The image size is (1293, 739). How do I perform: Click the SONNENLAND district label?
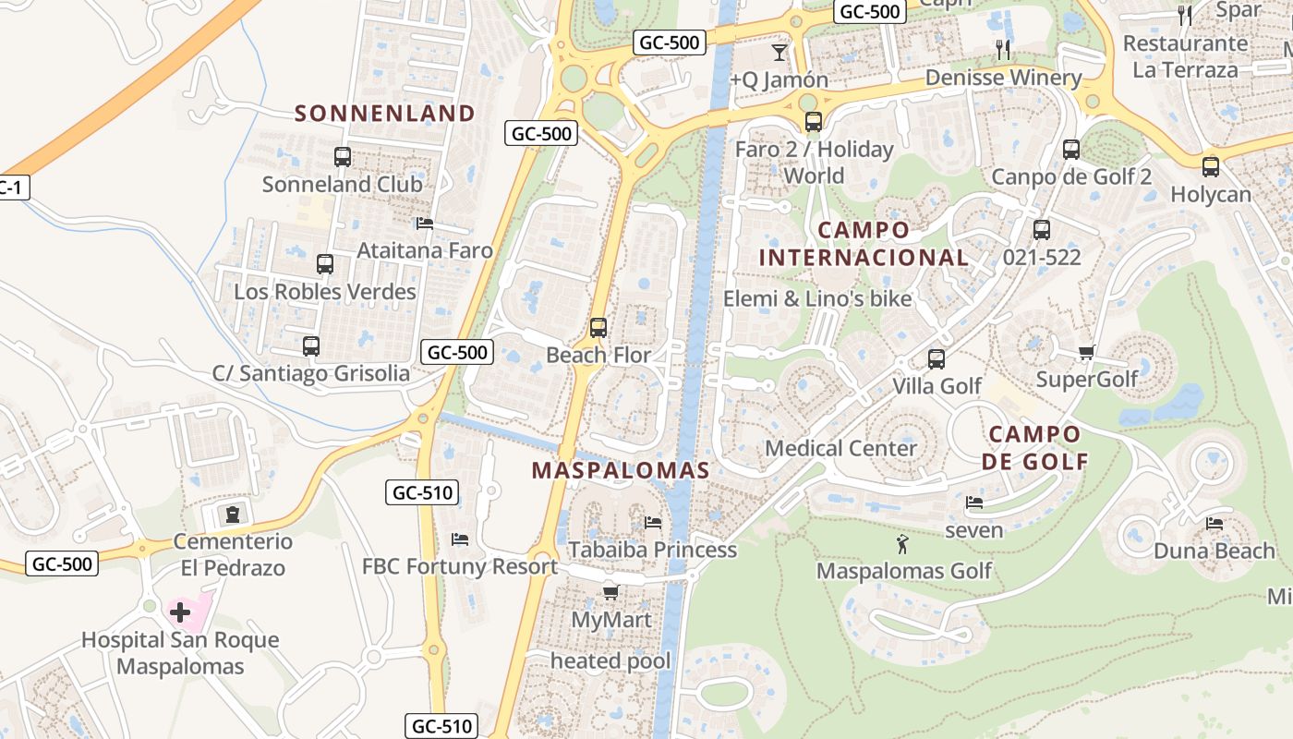pos(384,114)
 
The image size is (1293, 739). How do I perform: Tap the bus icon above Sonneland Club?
pos(343,157)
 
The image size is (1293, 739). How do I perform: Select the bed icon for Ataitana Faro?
pos(425,224)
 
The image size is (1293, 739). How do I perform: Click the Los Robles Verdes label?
pos(324,292)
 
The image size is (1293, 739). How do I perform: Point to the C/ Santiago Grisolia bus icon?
pos(311,346)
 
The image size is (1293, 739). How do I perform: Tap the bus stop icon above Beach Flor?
pos(598,328)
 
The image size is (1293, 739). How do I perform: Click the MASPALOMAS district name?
pos(621,470)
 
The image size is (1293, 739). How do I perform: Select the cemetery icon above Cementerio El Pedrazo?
pos(233,514)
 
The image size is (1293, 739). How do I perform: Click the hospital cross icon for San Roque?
pos(180,612)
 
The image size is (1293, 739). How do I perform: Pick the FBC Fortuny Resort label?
pos(459,566)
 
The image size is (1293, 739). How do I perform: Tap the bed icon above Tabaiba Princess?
pos(653,523)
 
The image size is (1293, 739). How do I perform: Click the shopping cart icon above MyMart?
pos(610,592)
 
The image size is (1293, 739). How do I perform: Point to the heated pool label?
pos(610,661)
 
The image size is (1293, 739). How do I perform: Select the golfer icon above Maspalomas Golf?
pos(903,544)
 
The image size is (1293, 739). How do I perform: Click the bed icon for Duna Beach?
pos(1214,524)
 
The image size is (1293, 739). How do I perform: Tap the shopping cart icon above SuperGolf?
pos(1086,352)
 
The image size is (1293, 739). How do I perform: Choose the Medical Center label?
pos(840,449)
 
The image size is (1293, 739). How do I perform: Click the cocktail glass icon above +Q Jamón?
pos(779,52)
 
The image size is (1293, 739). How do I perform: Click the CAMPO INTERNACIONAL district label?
pos(864,244)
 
